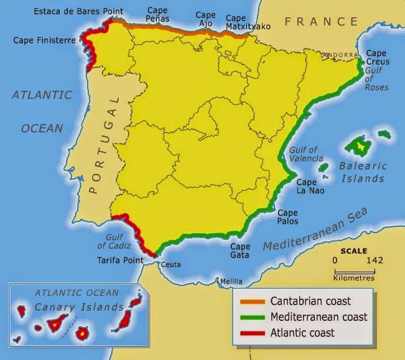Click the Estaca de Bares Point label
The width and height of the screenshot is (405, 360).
(x=78, y=11)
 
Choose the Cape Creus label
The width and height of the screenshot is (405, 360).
(x=377, y=58)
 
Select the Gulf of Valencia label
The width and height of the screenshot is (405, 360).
(x=304, y=154)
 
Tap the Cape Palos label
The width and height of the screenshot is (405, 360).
(x=287, y=216)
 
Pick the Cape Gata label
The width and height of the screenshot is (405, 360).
(x=240, y=250)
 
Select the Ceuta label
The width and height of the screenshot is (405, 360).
(x=170, y=265)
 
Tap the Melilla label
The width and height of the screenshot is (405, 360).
(x=231, y=281)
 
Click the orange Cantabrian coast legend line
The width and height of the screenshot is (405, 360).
(x=252, y=302)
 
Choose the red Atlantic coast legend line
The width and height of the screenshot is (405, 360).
(x=252, y=333)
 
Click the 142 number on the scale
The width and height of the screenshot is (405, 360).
(x=375, y=260)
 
